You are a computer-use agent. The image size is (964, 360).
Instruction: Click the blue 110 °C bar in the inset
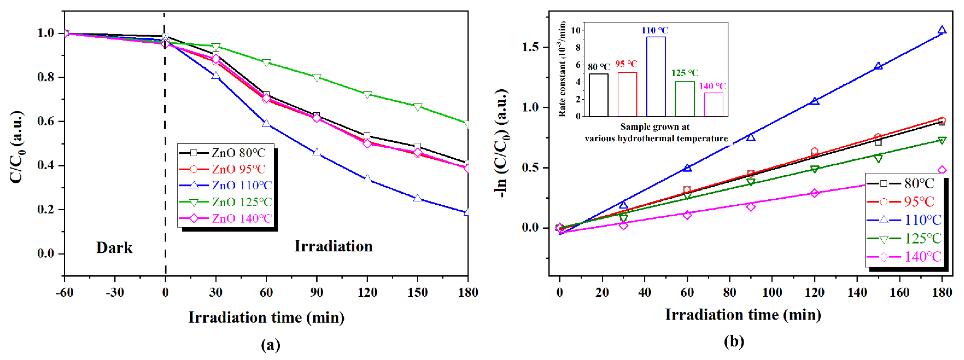(656, 77)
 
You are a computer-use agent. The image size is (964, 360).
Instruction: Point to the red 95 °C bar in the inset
(627, 94)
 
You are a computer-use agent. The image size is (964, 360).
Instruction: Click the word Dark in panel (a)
(114, 247)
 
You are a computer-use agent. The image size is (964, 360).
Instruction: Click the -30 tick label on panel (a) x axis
(114, 292)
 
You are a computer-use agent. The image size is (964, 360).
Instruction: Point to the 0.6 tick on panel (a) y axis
(46, 121)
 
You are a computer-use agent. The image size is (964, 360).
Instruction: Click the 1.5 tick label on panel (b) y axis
(530, 47)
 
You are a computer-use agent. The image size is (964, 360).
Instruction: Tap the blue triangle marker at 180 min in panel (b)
(942, 31)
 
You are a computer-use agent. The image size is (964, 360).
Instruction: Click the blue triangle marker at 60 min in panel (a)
(266, 123)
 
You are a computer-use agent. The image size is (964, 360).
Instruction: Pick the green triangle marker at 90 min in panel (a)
(317, 78)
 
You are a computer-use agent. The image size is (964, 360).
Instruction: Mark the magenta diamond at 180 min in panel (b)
(942, 171)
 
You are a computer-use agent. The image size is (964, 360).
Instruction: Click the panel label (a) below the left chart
(270, 344)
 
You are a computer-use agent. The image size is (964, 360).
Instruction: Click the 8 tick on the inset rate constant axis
(578, 48)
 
